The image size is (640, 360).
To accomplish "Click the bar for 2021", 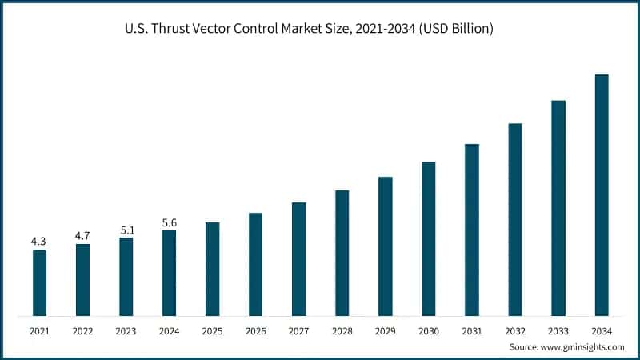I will tap(39, 282).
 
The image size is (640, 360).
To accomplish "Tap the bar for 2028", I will tap(342, 253).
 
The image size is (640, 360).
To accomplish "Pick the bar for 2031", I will tap(472, 230).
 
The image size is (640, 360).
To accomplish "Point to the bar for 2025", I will tap(212, 269).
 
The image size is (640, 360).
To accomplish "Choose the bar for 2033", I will tap(558, 208).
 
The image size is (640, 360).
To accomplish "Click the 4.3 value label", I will tap(39, 241).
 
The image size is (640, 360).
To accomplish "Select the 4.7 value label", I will tap(82, 235).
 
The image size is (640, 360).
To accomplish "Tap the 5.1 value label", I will tap(126, 229).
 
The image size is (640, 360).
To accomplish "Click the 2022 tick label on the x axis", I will tap(82, 330).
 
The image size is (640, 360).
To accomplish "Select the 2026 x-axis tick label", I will tap(255, 330).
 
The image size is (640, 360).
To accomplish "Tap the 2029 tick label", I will tap(386, 330).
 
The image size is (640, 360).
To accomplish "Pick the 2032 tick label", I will tap(515, 330).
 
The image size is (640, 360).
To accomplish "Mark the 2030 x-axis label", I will tap(429, 330).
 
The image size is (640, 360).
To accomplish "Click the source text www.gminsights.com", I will tap(582, 347).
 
